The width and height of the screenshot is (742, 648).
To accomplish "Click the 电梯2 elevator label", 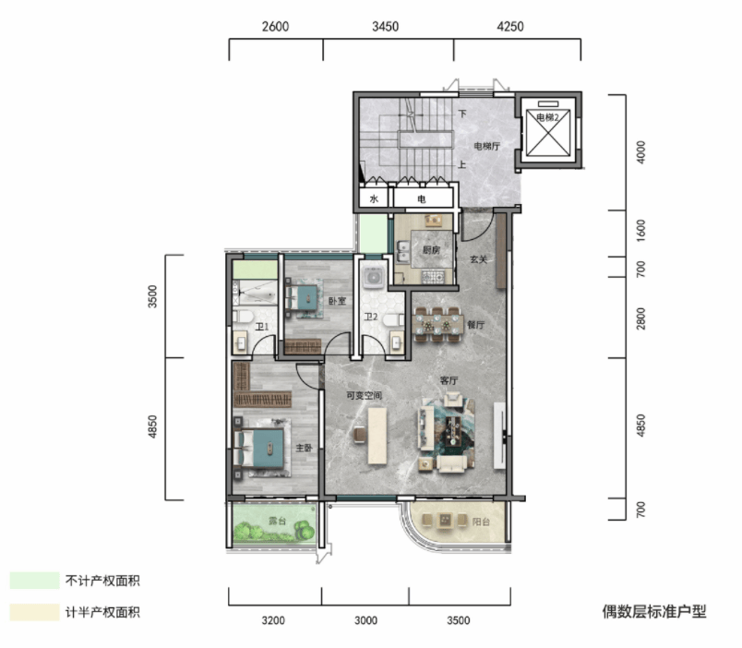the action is pyautogui.click(x=547, y=117).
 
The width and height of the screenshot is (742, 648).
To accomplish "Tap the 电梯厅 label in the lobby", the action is pyautogui.click(x=487, y=146).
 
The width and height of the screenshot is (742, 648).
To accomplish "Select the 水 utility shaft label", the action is pyautogui.click(x=374, y=198).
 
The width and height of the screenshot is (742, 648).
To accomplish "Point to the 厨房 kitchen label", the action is pyautogui.click(x=432, y=250).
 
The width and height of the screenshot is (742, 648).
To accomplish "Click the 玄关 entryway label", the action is pyautogui.click(x=478, y=259).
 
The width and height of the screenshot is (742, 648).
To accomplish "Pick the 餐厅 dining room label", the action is pyautogui.click(x=475, y=325).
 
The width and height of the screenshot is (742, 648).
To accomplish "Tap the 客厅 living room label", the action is pyautogui.click(x=449, y=380).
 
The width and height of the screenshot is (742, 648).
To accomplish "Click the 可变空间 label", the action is pyautogui.click(x=364, y=395).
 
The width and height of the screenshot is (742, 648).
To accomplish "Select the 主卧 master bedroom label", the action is pyautogui.click(x=304, y=448).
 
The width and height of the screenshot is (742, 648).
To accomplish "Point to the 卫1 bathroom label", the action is pyautogui.click(x=262, y=327).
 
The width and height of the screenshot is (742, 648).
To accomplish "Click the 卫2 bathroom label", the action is pyautogui.click(x=371, y=317).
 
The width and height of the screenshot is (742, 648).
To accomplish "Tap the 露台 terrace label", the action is pyautogui.click(x=277, y=521).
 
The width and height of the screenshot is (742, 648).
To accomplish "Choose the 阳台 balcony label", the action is pyautogui.click(x=481, y=522).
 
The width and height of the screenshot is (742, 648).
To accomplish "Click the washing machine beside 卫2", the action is pyautogui.click(x=374, y=277).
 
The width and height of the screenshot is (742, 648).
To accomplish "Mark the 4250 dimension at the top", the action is pyautogui.click(x=510, y=26).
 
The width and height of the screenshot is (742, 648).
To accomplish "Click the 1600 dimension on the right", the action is pyautogui.click(x=640, y=231).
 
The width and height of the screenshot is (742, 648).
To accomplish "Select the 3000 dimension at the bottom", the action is pyautogui.click(x=365, y=620).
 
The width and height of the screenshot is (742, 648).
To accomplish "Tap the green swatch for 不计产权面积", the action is pyautogui.click(x=34, y=581).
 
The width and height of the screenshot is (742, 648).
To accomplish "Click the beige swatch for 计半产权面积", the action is pyautogui.click(x=34, y=612).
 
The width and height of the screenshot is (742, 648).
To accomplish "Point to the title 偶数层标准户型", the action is pyautogui.click(x=654, y=612).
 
